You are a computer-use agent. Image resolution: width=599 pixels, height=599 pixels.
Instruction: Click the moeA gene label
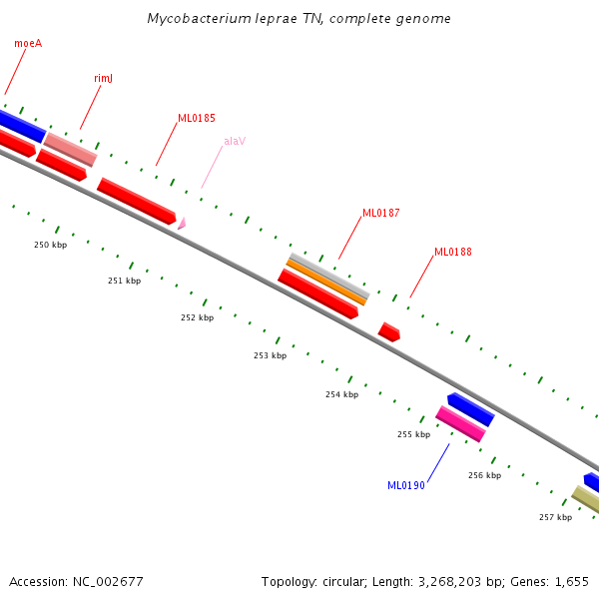pos(28,43)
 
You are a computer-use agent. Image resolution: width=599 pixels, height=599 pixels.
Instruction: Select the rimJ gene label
pos(103,78)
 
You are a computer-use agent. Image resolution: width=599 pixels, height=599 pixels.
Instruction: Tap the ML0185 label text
pos(197,118)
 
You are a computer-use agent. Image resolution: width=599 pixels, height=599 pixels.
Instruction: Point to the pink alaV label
pos(235,141)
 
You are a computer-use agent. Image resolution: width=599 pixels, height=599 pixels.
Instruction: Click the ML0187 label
pos(380,213)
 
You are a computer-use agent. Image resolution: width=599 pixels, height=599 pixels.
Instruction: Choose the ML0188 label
pos(452,252)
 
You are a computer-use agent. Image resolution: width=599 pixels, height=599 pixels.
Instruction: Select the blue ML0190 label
pos(406,485)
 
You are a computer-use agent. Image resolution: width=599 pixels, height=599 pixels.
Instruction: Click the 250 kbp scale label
pos(50,245)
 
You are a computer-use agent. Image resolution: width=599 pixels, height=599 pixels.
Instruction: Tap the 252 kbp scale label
pos(197,317)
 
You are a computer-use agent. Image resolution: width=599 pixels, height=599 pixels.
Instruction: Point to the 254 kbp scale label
pos(341,394)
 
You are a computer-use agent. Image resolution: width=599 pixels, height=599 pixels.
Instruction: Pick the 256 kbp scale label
pos(484,475)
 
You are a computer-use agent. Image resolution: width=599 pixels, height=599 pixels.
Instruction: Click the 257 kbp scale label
pos(555,517)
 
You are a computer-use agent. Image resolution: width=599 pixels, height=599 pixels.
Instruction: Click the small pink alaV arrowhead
pos(181,224)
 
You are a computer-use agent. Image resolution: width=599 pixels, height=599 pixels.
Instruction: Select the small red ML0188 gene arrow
pos(389,332)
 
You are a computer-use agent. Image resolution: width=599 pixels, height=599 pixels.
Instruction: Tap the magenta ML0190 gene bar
pos(460,424)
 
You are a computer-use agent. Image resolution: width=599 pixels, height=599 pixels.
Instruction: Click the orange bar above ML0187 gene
pos(326,281)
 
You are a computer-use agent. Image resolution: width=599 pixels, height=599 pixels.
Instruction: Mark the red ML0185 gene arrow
pos(137,201)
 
